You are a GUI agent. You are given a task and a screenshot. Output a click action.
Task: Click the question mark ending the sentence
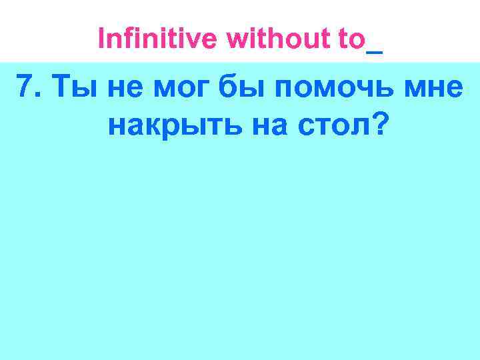(378, 123)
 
